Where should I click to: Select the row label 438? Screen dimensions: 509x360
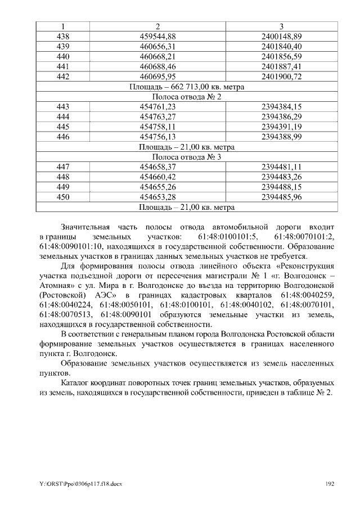[x=63, y=37]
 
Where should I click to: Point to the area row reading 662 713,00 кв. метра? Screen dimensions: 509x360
[x=186, y=87]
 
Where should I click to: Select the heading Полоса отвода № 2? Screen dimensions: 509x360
[x=186, y=97]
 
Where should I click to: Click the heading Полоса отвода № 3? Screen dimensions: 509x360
[x=186, y=157]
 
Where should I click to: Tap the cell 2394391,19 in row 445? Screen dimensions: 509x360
[x=282, y=127]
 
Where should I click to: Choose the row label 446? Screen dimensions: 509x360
[x=63, y=137]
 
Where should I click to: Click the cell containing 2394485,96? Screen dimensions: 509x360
[x=282, y=197]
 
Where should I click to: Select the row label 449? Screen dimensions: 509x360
[x=63, y=187]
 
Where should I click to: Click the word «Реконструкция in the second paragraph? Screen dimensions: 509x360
[x=305, y=265]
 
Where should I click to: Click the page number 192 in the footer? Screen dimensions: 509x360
[x=331, y=484]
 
